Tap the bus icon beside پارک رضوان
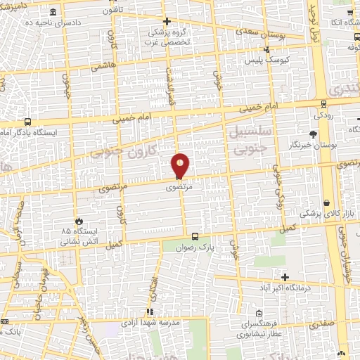[x=194, y=237]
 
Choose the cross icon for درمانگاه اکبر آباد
[x=285, y=277]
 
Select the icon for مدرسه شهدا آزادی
[x=149, y=311]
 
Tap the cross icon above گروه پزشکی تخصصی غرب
[x=167, y=21]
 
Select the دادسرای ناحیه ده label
[x=32, y=22]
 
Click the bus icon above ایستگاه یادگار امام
[x=27, y=121]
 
